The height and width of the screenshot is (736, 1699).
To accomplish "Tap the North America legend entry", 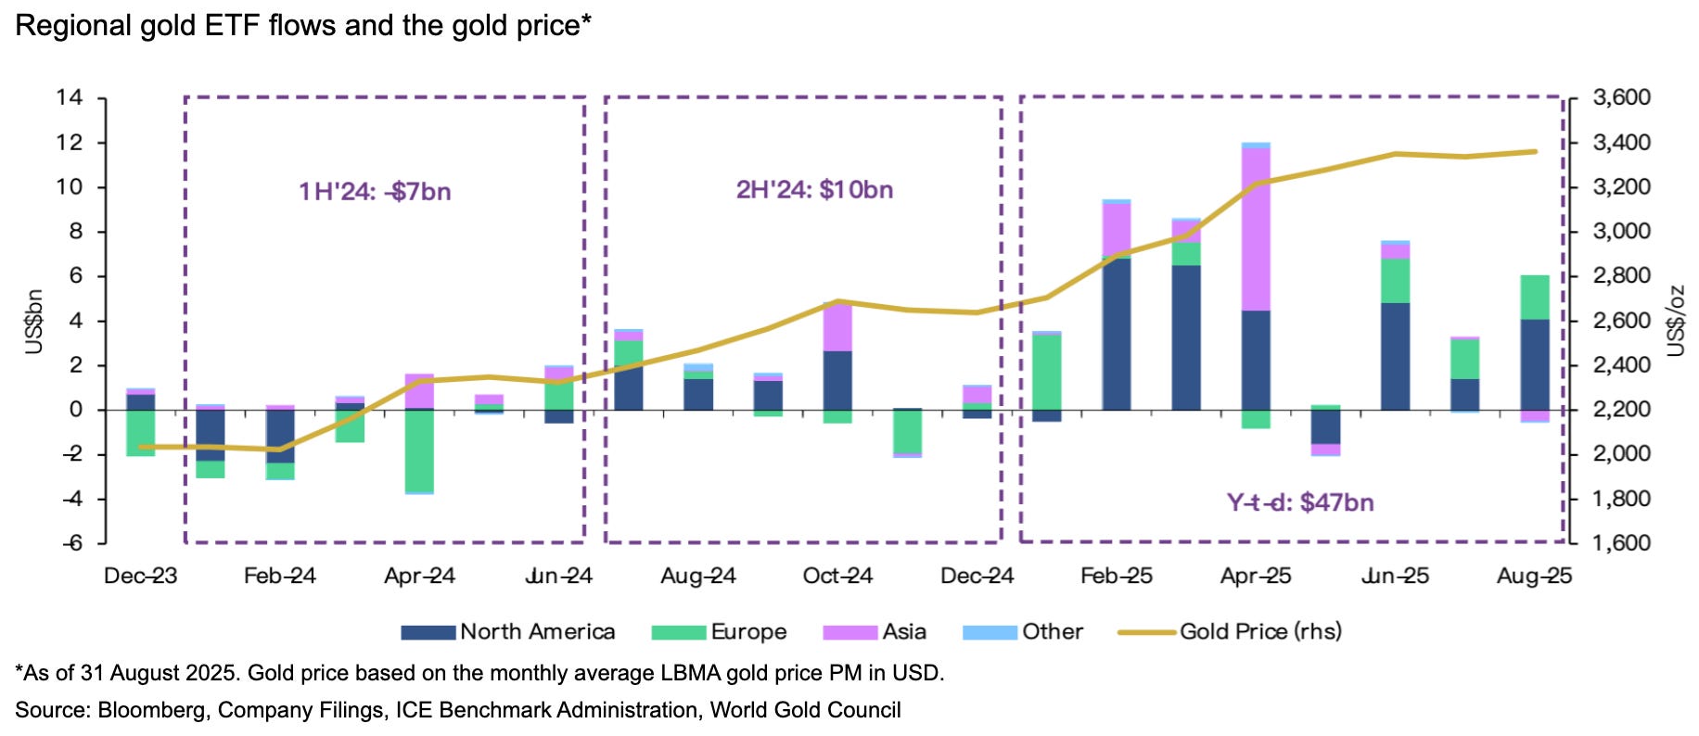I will pyautogui.click(x=508, y=632).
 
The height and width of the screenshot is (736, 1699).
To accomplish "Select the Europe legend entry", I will pyautogui.click(x=720, y=632).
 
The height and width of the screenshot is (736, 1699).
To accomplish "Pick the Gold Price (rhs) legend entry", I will pyautogui.click(x=1231, y=632).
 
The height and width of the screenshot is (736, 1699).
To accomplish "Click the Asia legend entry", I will pyautogui.click(x=875, y=632).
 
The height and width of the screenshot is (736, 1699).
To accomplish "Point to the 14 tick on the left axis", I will pyautogui.click(x=70, y=97).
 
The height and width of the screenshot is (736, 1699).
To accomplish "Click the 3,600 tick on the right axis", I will pyautogui.click(x=1621, y=97).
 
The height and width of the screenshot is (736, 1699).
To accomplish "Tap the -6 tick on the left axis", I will pyautogui.click(x=71, y=543).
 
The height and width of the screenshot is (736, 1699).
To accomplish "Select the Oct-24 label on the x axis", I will pyautogui.click(x=837, y=577).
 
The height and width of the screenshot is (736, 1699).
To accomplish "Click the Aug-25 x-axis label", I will pyautogui.click(x=1534, y=577).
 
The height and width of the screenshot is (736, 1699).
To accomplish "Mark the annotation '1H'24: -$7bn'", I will pyautogui.click(x=375, y=192).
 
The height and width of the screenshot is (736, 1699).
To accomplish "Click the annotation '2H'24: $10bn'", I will pyautogui.click(x=814, y=190).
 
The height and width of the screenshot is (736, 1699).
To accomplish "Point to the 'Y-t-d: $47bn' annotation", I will pyautogui.click(x=1300, y=502).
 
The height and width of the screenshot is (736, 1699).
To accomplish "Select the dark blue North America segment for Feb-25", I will pyautogui.click(x=1117, y=334).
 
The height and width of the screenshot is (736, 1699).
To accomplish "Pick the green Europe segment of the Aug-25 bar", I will pyautogui.click(x=1534, y=297).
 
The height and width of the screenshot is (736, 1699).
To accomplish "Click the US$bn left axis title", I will pyautogui.click(x=34, y=321).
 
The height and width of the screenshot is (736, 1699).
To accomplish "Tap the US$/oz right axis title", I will pyautogui.click(x=1675, y=321).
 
